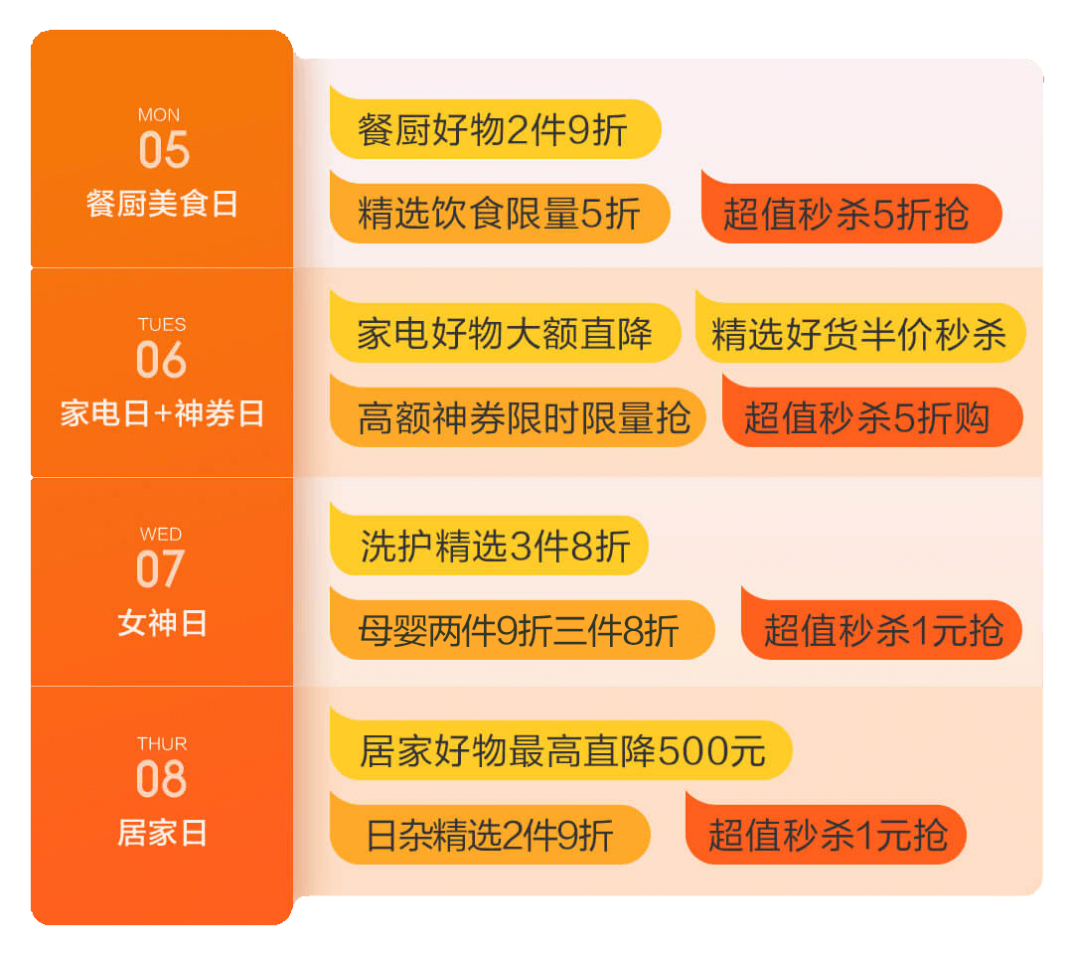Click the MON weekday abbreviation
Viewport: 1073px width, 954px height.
click(159, 115)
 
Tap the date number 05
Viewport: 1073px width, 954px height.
click(163, 150)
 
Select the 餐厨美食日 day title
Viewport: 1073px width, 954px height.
click(162, 204)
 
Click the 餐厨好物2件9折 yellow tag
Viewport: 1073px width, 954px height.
click(494, 130)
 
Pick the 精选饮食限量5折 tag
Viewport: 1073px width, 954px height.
click(499, 214)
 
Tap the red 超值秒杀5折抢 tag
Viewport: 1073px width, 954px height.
click(850, 214)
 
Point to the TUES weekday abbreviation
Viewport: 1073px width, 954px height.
click(162, 325)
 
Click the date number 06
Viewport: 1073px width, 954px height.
click(161, 360)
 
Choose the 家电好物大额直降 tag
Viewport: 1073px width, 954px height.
click(505, 333)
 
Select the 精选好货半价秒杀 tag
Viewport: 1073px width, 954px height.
click(859, 334)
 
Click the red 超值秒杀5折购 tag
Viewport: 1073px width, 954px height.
click(871, 417)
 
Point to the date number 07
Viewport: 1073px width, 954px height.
click(161, 569)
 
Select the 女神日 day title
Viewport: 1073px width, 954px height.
click(162, 623)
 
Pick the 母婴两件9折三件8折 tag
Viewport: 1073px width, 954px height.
click(521, 630)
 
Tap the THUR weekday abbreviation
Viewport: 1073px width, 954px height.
click(162, 744)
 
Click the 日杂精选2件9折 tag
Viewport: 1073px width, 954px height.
click(489, 835)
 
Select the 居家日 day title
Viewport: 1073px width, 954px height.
click(162, 833)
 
